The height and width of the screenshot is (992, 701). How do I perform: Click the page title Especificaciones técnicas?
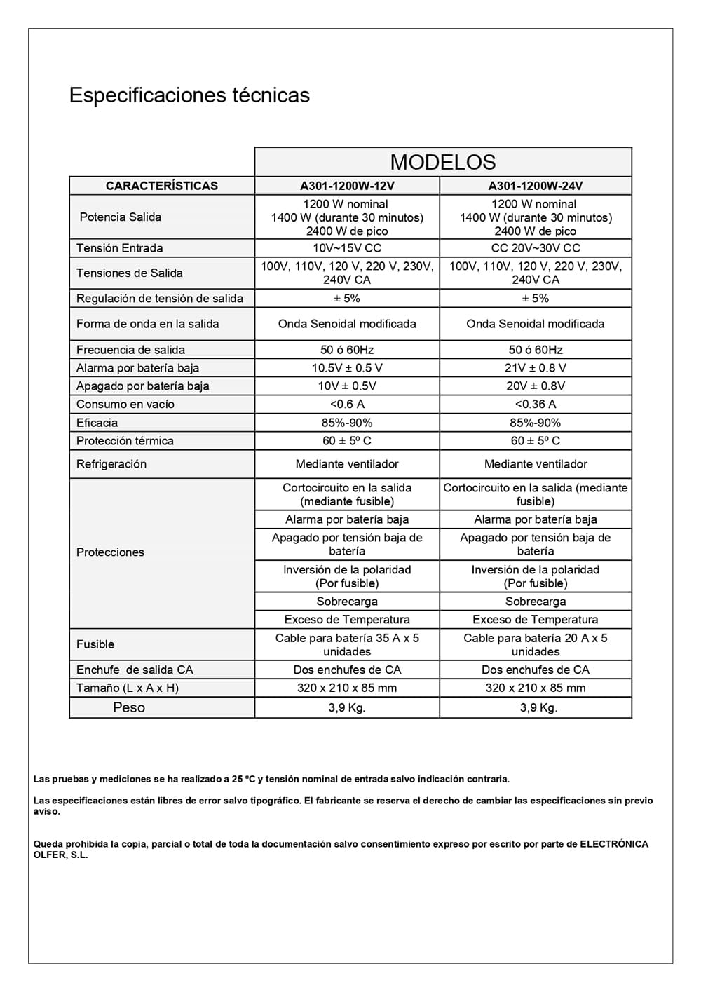point(189,95)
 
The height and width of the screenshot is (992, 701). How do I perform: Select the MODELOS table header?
point(442,162)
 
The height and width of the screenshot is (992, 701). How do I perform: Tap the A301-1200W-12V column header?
point(347,186)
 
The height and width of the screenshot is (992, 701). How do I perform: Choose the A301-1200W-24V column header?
point(535,186)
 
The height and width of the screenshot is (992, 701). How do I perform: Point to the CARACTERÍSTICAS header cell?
point(161,186)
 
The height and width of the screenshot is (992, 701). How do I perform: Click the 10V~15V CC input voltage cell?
point(347,248)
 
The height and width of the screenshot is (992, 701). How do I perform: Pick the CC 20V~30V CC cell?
point(535,248)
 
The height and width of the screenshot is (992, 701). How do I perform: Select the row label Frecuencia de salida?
point(130,350)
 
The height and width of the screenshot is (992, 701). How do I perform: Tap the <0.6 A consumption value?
point(347,405)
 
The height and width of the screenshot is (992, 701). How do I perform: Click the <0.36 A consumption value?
point(535,405)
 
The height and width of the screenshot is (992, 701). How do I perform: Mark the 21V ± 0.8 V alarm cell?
point(535,368)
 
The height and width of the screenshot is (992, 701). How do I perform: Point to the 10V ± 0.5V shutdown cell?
point(347,386)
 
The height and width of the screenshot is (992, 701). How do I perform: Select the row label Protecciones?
point(110,552)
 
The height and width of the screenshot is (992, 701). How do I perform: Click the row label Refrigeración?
point(111,464)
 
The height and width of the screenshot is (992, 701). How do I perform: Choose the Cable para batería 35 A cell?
point(347,644)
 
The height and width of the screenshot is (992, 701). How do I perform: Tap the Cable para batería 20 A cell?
point(535,644)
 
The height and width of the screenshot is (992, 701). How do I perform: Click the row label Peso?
point(129,707)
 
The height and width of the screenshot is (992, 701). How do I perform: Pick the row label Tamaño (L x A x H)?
point(128,688)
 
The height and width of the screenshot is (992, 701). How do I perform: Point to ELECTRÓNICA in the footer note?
point(613,844)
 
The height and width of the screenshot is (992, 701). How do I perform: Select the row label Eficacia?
point(97,423)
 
